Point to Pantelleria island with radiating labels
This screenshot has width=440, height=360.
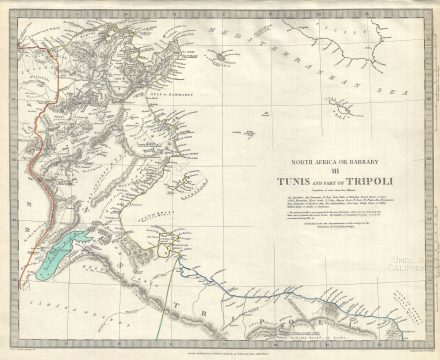pyautogui.click(x=219, y=57)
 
